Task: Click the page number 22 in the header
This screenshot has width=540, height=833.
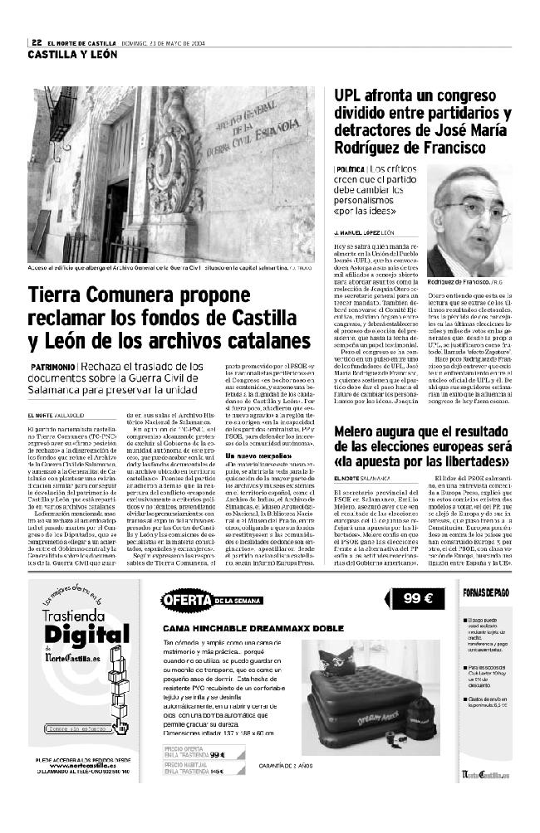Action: [x=37, y=44]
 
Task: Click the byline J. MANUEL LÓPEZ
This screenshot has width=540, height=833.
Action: [x=364, y=233]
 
